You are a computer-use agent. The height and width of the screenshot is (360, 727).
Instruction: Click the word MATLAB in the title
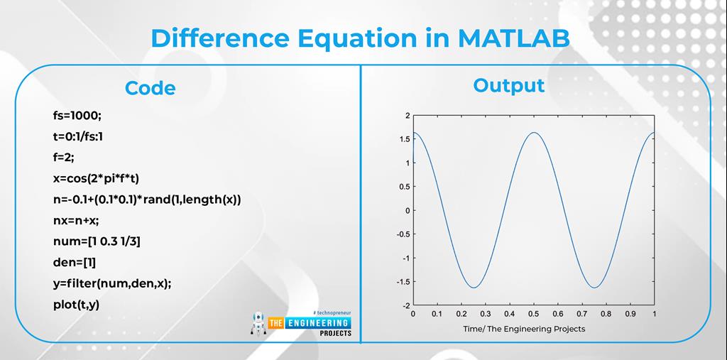point(514,38)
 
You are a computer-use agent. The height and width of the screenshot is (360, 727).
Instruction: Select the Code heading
point(151,89)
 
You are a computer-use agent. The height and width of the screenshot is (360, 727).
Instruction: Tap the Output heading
point(508,86)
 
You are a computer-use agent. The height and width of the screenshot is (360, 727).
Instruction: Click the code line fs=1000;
point(77,116)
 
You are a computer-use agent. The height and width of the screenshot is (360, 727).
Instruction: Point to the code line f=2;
point(63,157)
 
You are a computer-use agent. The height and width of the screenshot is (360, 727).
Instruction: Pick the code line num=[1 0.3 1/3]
point(97,241)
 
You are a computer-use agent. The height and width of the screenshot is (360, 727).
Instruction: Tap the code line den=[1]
point(74,263)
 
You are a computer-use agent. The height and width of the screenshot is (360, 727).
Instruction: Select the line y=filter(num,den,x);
point(112,284)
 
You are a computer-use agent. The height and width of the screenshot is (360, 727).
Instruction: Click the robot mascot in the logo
point(258,324)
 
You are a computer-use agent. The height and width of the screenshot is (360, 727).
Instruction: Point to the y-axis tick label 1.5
point(404,139)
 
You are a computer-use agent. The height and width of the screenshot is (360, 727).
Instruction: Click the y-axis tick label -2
point(405,306)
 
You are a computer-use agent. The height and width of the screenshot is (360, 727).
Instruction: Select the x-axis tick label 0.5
point(534,314)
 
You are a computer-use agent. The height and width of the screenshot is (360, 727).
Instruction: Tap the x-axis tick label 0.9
point(630,314)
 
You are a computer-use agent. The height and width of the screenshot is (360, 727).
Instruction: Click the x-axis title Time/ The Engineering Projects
point(524,329)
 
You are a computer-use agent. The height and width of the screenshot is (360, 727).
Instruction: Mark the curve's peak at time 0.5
point(534,133)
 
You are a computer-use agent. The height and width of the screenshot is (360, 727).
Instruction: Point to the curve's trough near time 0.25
point(474,288)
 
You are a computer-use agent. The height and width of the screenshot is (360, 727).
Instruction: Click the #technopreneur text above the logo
point(332,313)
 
